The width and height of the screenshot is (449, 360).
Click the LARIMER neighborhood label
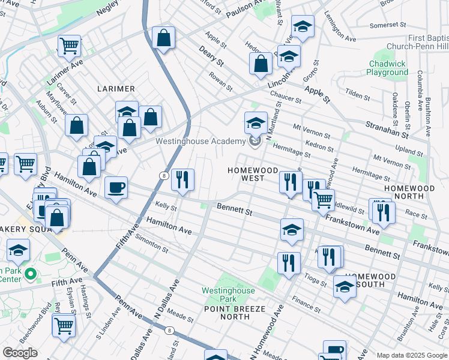(116, 89)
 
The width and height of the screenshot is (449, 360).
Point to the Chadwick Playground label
(388, 68)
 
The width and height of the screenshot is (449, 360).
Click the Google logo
(20, 353)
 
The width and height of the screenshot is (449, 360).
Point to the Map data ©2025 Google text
(412, 355)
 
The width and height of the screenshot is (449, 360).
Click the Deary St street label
(211, 58)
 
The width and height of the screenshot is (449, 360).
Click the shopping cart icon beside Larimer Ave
(70, 44)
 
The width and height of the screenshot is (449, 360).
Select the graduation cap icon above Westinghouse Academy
(256, 123)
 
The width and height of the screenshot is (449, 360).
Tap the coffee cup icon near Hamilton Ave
(116, 187)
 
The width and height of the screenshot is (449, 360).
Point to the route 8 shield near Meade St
(170, 330)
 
